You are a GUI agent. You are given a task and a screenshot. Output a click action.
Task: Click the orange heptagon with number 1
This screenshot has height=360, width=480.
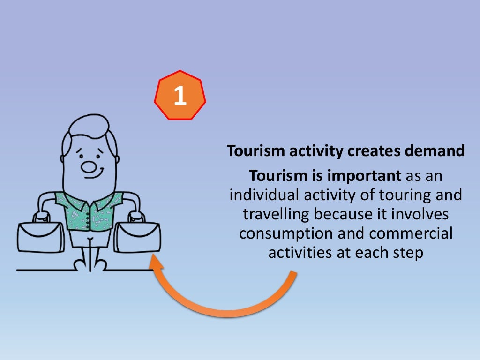180,96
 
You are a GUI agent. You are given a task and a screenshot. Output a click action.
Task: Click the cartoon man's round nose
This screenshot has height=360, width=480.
88,166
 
